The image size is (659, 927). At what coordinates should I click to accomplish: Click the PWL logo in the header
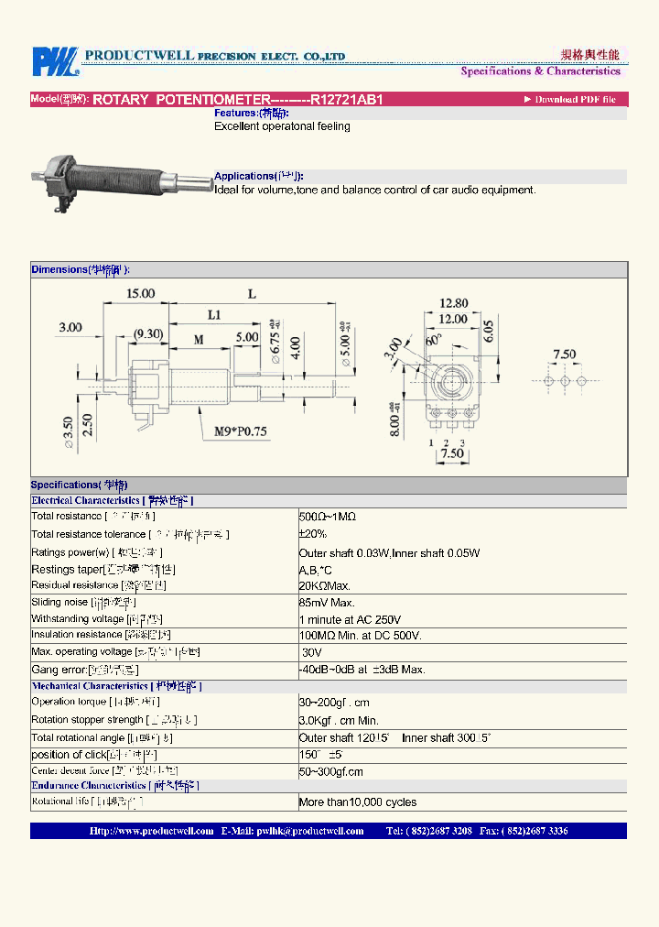click(54, 61)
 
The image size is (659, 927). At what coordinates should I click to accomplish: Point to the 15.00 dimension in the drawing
click(140, 294)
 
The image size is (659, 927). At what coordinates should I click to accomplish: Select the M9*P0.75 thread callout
click(241, 431)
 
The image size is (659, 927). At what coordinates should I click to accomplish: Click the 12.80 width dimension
click(453, 303)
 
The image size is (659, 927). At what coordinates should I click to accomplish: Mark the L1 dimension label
click(213, 315)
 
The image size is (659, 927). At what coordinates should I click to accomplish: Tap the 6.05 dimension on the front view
click(489, 332)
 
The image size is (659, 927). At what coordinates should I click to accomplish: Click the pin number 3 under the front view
click(462, 442)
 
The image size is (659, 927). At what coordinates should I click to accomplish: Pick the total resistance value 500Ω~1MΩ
click(328, 517)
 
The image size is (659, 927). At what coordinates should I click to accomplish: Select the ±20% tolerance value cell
click(313, 534)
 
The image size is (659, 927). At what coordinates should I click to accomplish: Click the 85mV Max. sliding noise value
click(327, 603)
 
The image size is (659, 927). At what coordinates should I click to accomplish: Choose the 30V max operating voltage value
click(311, 652)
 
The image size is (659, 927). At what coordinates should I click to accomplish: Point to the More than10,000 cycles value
click(358, 802)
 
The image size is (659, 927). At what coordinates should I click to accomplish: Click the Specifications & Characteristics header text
click(540, 71)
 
